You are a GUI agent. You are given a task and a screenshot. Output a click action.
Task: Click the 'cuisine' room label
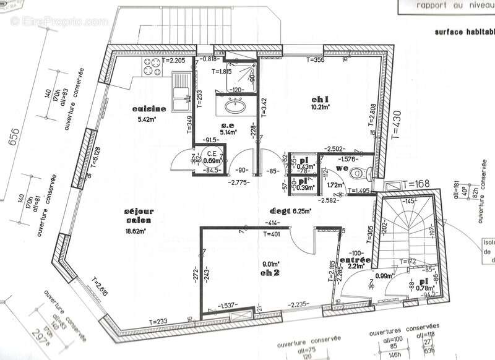[x=149, y=109]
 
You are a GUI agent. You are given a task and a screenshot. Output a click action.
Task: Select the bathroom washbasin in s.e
[x=235, y=106]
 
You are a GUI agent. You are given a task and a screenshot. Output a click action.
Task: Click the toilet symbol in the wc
[x=357, y=175]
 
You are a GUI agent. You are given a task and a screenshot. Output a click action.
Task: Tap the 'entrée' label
[x=355, y=261]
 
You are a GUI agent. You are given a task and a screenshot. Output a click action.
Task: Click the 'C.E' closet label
[x=211, y=153]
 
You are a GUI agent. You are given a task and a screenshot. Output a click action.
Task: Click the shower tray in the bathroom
[x=239, y=74]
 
